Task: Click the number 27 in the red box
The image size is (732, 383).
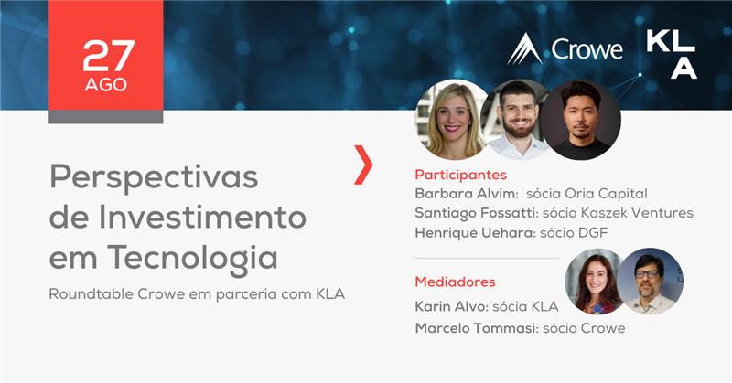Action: pyautogui.click(x=109, y=56)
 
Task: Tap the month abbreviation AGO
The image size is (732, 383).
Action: pyautogui.click(x=106, y=85)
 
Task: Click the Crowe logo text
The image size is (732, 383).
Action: pyautogui.click(x=587, y=49)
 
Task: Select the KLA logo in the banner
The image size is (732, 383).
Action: pyautogui.click(x=672, y=55)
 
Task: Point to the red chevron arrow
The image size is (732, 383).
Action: pyautogui.click(x=363, y=165)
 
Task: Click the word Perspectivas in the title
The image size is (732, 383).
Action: pyautogui.click(x=154, y=177)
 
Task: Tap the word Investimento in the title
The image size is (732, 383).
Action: pyautogui.click(x=202, y=217)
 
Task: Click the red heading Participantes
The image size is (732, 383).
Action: pyautogui.click(x=461, y=175)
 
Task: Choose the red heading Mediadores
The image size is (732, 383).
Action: pyautogui.click(x=455, y=282)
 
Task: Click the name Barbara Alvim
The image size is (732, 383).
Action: pyautogui.click(x=467, y=193)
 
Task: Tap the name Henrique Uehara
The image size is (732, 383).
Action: pyautogui.click(x=475, y=232)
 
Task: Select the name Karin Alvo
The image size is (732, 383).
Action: pyautogui.click(x=451, y=306)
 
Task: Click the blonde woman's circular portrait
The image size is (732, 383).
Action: pyautogui.click(x=451, y=120)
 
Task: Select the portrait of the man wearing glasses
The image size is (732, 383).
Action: pyautogui.click(x=651, y=281)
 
